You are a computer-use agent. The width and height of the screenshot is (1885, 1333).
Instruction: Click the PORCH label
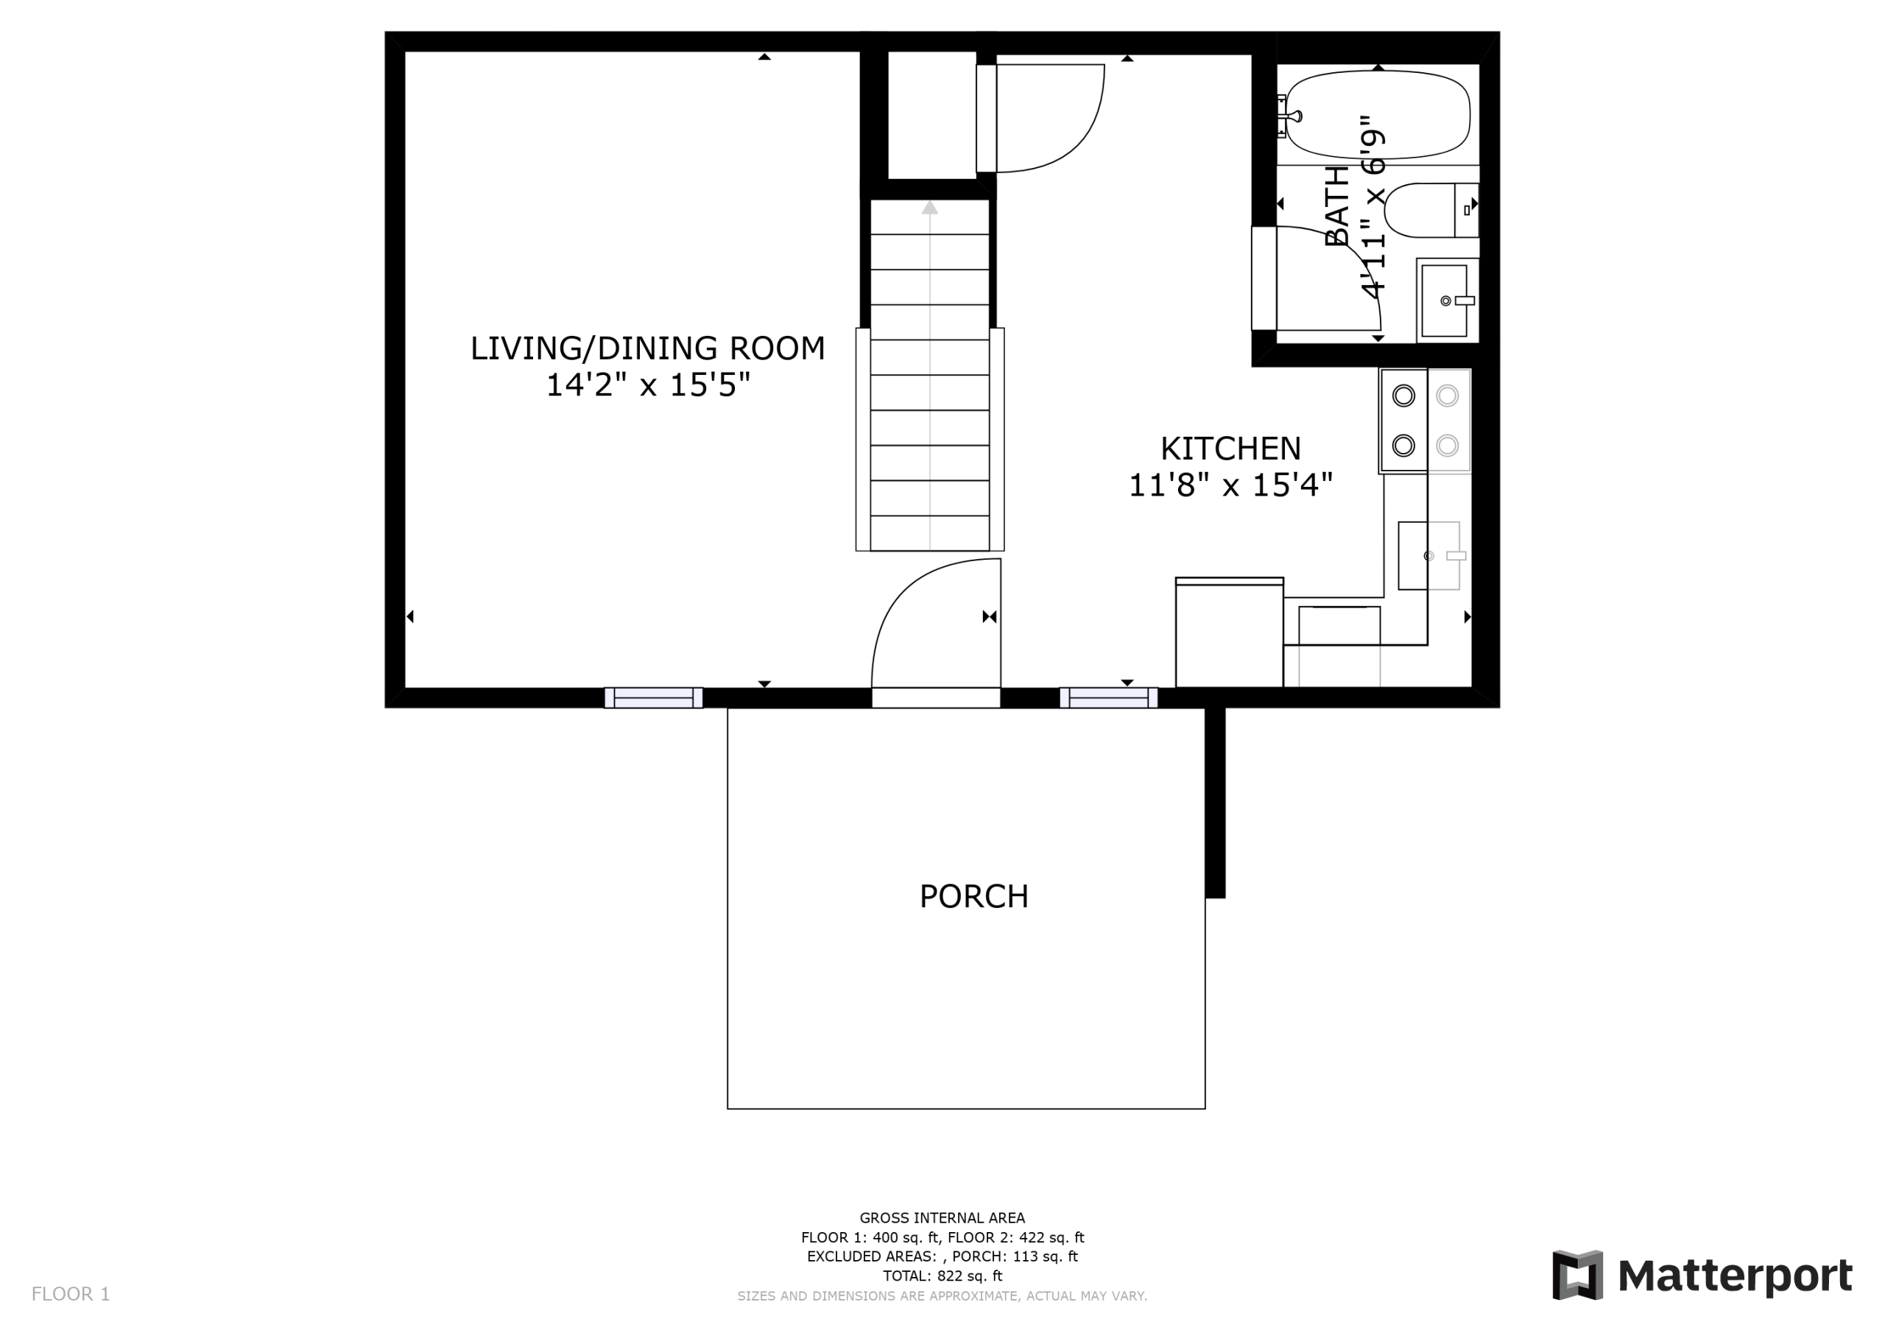pyautogui.click(x=973, y=896)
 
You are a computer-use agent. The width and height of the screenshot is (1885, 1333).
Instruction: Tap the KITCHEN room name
pyautogui.click(x=1230, y=449)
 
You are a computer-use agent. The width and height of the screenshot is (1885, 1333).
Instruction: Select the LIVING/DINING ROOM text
pyautogui.click(x=648, y=348)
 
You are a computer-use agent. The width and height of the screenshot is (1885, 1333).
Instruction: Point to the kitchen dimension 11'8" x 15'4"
pyautogui.click(x=1230, y=485)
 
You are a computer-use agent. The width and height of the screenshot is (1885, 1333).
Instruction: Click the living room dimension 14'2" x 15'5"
pyautogui.click(x=649, y=384)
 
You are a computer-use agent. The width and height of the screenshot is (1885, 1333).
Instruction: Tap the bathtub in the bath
pyautogui.click(x=1378, y=115)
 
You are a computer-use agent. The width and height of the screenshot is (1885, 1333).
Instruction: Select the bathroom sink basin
pyautogui.click(x=1444, y=300)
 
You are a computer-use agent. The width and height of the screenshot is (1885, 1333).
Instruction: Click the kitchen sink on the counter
pyautogui.click(x=1429, y=556)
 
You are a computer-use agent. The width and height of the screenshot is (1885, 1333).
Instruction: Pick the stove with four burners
pyautogui.click(x=1426, y=421)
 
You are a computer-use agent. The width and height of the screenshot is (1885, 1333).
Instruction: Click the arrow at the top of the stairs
pyautogui.click(x=929, y=208)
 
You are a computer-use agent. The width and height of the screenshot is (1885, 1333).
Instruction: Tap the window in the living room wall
pyautogui.click(x=654, y=698)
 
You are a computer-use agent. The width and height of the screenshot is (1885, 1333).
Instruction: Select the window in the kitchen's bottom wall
pyautogui.click(x=1109, y=698)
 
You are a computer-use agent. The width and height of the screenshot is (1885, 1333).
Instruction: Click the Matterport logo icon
pyautogui.click(x=1577, y=1276)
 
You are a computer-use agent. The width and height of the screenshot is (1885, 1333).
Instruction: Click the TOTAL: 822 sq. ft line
pyautogui.click(x=942, y=1276)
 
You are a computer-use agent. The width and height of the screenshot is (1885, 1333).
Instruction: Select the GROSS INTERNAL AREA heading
pyautogui.click(x=942, y=1218)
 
